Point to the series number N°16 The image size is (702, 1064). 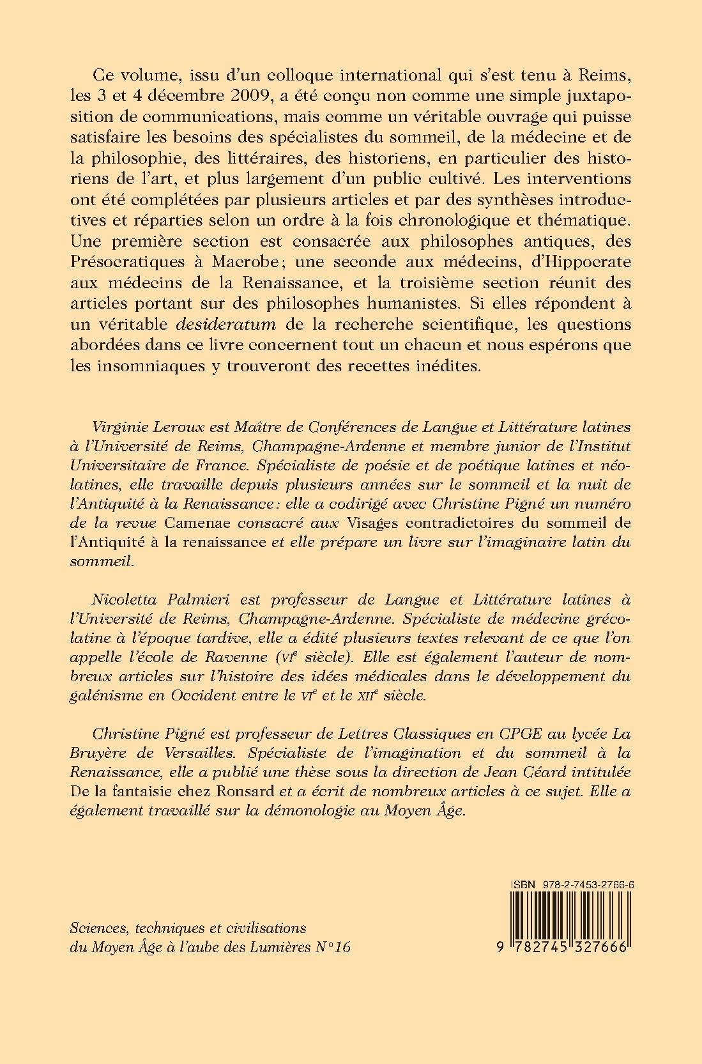[x=335, y=948]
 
